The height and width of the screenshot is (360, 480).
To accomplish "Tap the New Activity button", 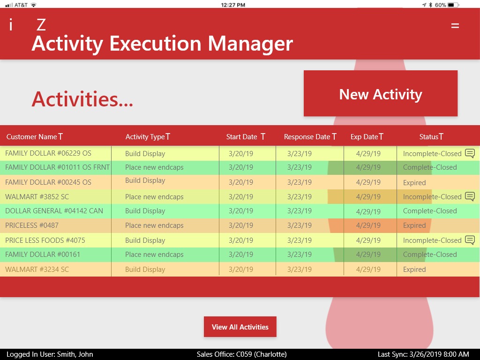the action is point(381,93).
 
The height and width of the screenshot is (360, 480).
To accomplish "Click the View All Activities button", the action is point(240,327).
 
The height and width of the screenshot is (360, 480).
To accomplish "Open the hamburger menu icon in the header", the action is point(455,26).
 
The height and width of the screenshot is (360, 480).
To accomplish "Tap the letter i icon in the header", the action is point(11,24).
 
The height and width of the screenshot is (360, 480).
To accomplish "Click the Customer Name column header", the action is point(31,137).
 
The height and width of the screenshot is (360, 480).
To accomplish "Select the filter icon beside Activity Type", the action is point(168,136).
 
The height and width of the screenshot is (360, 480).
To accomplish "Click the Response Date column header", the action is point(307,137).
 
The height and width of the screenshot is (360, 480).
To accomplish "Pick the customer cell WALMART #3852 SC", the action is point(37,197).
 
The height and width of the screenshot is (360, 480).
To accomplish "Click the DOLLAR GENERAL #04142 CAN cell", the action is point(54,211).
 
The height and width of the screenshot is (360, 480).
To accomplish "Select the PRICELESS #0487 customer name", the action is point(32,225).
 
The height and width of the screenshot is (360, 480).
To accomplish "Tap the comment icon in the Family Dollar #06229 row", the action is point(470,153).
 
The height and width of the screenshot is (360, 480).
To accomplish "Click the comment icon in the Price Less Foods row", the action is point(470,240).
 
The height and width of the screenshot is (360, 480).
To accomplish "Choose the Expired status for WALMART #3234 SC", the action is point(414,270).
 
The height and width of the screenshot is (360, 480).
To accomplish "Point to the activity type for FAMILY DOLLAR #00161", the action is point(154,255).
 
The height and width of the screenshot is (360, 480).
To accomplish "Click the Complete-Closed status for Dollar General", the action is point(430,211).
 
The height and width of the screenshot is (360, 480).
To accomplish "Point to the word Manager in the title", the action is point(250,44).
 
